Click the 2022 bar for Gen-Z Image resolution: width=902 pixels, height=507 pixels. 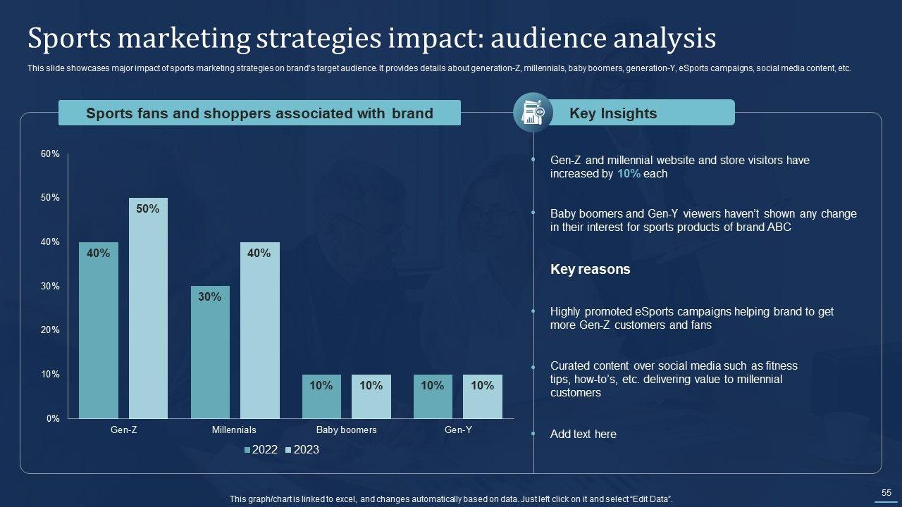[99, 330]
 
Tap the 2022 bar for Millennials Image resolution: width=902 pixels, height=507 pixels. [210, 352]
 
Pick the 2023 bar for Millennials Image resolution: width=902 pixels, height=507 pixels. [260, 330]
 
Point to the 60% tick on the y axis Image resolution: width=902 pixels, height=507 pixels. [51, 154]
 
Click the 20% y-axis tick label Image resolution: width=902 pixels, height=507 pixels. [51, 330]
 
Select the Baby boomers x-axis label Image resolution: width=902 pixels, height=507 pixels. [346, 430]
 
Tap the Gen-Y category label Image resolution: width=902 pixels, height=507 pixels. [458, 430]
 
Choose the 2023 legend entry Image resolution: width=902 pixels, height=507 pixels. [302, 450]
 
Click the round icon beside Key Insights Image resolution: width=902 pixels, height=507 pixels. [533, 113]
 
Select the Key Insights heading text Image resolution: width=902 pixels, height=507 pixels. [612, 113]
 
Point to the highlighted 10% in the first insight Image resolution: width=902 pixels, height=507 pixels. [629, 174]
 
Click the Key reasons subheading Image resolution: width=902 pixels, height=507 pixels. [590, 270]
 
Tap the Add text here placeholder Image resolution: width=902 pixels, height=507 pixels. [583, 434]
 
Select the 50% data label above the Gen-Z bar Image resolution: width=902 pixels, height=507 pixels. [148, 209]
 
